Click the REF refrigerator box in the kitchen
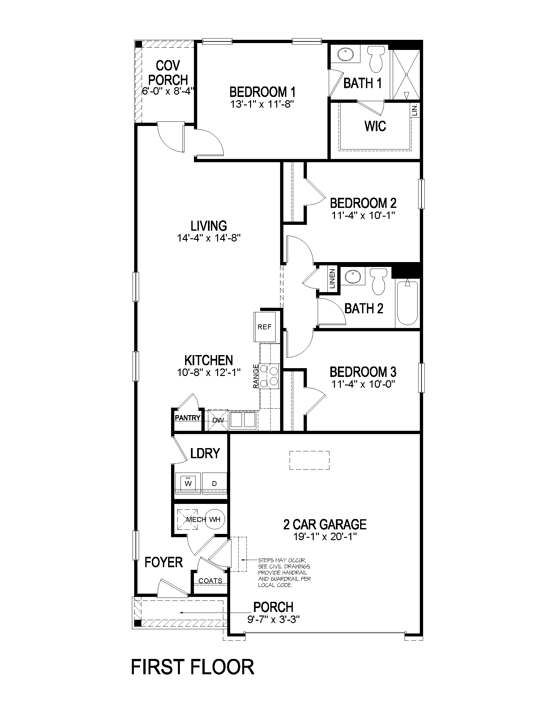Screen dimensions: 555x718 pos(264,326)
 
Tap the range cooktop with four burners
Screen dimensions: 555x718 pos(269,376)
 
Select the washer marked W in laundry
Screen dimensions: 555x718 pos(188,483)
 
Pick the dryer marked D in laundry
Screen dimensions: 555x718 pos(214,483)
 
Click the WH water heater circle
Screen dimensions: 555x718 pos(215,520)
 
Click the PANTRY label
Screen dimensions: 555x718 pos(187,418)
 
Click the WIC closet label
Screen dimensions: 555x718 pos(375,126)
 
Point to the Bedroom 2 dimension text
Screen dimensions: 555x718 pos(363,215)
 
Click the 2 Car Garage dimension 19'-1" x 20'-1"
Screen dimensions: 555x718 pos(325,537)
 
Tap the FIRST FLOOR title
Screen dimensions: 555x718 pos(193,667)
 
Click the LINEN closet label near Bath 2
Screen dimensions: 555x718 pos(332,279)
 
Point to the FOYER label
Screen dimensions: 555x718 pos(164,562)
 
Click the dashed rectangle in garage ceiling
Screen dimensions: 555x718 pos(309,460)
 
